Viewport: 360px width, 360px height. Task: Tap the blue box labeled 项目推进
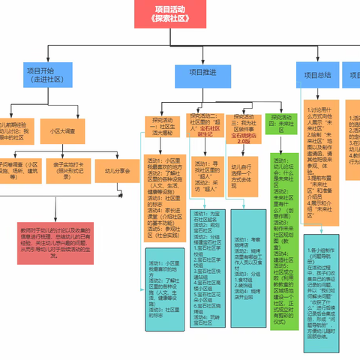(x=202, y=73)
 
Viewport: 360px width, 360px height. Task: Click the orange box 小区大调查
(x=55, y=130)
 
